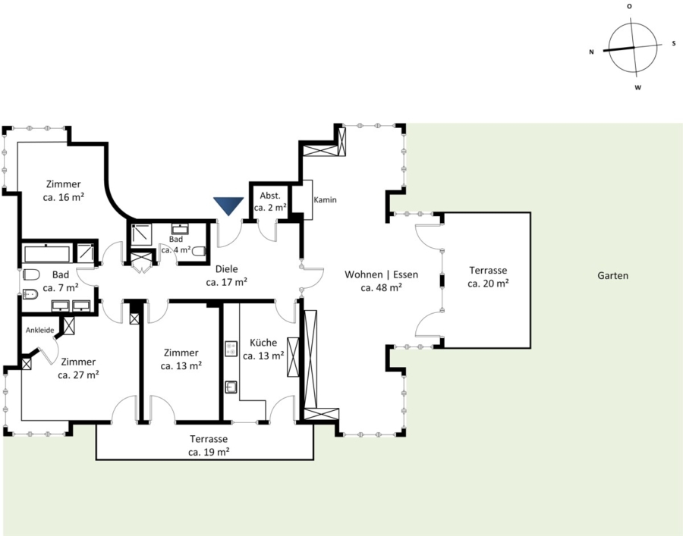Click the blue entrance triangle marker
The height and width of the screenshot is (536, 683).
(x=228, y=205)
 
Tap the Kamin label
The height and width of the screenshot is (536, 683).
(x=325, y=199)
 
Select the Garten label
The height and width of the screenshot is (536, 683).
(x=613, y=275)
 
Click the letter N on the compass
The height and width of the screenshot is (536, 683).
(x=591, y=52)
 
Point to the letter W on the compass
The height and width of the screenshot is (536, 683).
(x=637, y=87)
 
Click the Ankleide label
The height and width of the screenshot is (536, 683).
(x=39, y=331)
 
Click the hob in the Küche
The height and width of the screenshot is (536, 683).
(x=231, y=349)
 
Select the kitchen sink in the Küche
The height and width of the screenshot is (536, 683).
(x=231, y=387)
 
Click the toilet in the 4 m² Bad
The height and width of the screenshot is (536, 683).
(x=199, y=252)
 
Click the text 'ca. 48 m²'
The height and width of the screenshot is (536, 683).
(x=381, y=287)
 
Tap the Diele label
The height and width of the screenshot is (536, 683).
(x=226, y=269)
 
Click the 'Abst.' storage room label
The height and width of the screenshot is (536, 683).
(x=270, y=196)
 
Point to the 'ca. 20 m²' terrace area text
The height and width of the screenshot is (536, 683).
(x=488, y=284)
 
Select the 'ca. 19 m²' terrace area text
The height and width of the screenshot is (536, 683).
(x=209, y=452)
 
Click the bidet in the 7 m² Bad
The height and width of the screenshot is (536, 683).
(x=30, y=295)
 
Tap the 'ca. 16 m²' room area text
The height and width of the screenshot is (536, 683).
(x=63, y=197)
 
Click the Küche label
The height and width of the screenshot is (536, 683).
(x=263, y=343)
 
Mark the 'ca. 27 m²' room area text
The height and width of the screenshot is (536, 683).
(x=78, y=375)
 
